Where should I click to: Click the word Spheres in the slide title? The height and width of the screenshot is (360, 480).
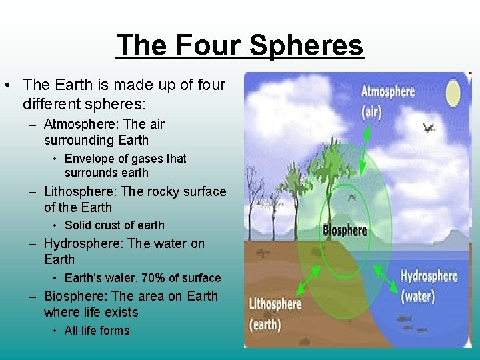pyautogui.click(x=307, y=45)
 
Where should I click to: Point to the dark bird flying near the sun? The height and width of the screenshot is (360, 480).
pyautogui.click(x=427, y=126)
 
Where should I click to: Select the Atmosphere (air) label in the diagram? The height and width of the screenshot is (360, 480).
pyautogui.click(x=387, y=101)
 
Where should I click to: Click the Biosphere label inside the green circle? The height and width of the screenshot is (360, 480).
pyautogui.click(x=345, y=230)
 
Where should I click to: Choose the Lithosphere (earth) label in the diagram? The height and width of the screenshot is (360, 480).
pyautogui.click(x=275, y=313)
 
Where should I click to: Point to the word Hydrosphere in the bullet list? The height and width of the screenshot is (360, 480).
pyautogui.click(x=81, y=244)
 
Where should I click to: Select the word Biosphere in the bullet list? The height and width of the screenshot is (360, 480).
pyautogui.click(x=75, y=297)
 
